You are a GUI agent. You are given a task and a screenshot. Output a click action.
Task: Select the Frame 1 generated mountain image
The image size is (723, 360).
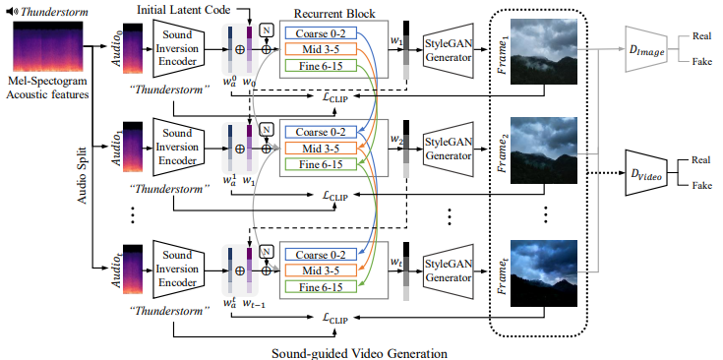tap(544, 51)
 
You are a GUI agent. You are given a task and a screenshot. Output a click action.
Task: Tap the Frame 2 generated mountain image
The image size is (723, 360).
tap(544, 150)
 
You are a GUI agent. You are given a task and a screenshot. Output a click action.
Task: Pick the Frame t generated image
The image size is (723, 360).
tap(544, 273)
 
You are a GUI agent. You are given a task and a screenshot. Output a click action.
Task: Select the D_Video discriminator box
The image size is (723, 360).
tap(647, 172)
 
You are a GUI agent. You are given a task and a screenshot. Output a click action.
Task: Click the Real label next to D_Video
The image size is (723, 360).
tap(700, 160)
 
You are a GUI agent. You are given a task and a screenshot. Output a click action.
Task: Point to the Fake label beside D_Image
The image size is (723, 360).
tap(700, 61)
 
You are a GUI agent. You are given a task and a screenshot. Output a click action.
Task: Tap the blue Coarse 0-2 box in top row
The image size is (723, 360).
tap(321, 33)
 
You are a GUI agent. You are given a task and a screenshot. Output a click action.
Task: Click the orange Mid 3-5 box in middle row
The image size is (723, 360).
tap(321, 149)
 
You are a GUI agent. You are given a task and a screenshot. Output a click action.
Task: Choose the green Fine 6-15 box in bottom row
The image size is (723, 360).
tap(321, 286)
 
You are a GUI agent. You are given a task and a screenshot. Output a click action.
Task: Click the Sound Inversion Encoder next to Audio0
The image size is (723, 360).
tap(178, 48)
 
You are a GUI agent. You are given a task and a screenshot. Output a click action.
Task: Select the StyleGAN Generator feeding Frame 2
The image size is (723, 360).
tap(449, 149)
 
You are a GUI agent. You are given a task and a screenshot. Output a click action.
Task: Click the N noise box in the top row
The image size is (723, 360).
tap(266, 30)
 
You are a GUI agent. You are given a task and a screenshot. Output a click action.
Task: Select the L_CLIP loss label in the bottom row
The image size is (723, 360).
tap(334, 318)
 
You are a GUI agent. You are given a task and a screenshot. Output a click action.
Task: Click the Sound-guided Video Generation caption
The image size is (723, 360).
tap(359, 353)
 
